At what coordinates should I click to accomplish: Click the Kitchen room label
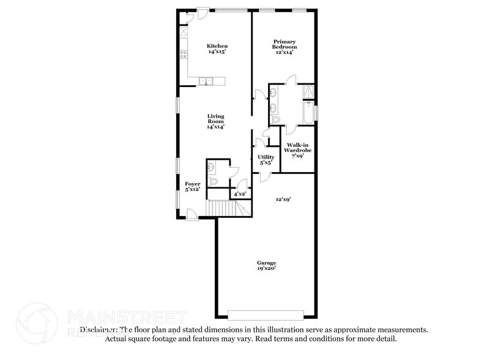point(217,49)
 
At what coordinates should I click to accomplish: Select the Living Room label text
point(215,121)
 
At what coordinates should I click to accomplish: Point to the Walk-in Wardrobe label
point(297,150)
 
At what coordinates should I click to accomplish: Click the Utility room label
point(266,160)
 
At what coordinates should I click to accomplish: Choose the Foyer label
point(193,186)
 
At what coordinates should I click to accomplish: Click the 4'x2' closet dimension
point(240,194)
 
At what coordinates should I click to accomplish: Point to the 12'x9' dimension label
point(282,199)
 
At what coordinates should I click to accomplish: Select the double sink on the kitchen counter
point(207,80)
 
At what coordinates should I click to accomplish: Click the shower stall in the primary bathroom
point(310,92)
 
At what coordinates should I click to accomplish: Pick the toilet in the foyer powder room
point(212,182)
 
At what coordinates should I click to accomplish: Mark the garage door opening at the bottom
point(266,315)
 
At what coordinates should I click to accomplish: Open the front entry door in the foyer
point(192,214)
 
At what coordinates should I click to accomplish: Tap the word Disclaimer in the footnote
point(98,329)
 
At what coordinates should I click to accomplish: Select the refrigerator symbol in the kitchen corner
point(183,31)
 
